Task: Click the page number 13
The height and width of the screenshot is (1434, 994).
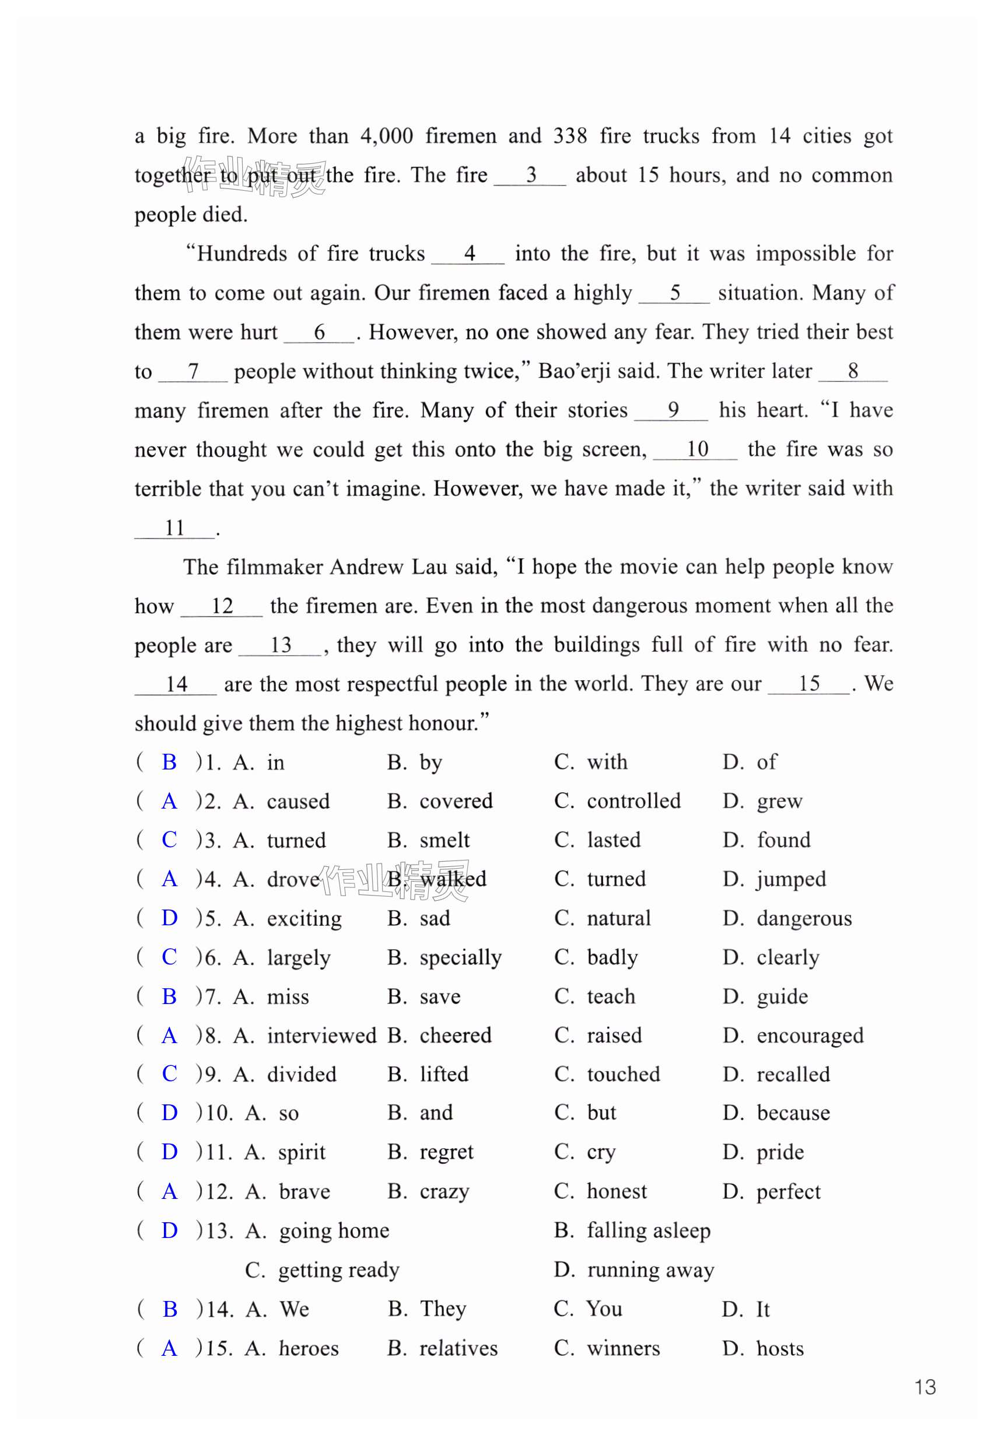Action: pos(925,1387)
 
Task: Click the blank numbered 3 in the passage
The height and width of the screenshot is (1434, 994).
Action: pos(530,175)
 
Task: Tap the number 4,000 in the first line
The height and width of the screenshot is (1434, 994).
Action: pos(386,136)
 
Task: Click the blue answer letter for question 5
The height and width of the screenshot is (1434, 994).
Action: pos(169,918)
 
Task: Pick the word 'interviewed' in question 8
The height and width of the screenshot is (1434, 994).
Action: pos(321,1035)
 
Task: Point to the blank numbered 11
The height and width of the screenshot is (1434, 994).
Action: pos(174,527)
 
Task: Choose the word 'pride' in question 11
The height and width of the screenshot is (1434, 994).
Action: pos(780,1152)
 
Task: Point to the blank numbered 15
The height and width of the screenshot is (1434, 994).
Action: pos(808,683)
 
